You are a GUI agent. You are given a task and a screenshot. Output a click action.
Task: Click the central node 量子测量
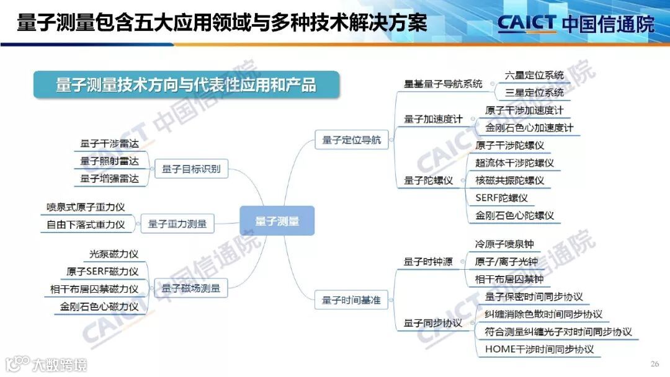point(277,221)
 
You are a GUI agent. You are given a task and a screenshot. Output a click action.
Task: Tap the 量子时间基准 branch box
point(351,301)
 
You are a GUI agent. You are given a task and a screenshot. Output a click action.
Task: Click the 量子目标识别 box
point(190,169)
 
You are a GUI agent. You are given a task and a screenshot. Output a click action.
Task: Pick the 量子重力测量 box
point(177,224)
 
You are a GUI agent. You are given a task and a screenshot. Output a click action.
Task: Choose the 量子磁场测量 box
point(190,288)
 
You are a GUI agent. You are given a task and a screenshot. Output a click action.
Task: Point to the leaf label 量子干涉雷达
point(109,143)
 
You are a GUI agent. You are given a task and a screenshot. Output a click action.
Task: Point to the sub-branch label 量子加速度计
point(434,119)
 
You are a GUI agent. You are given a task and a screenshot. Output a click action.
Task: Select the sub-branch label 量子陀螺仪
point(429,180)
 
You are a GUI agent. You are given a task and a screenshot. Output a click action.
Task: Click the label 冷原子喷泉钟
point(504,244)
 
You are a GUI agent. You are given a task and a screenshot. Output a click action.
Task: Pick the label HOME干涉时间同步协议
point(539,349)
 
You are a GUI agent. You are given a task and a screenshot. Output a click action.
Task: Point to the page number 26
point(654,363)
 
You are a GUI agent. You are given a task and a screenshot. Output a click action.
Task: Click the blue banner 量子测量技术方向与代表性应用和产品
point(186,85)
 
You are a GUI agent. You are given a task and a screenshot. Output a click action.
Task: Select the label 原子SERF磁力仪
point(102,271)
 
